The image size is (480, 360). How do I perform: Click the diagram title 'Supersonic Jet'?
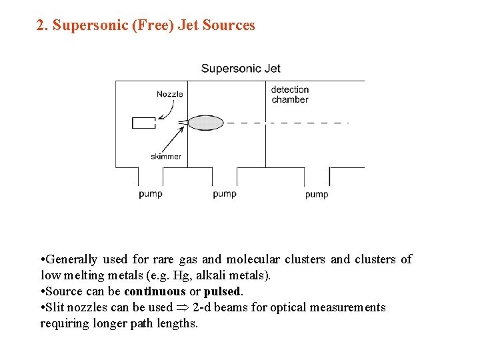(x=241, y=68)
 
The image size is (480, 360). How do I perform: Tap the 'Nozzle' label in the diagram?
(x=169, y=94)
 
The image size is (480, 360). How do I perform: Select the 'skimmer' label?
(x=166, y=157)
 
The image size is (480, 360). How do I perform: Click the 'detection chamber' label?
(x=290, y=95)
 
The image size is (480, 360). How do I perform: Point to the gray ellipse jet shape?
(x=205, y=123)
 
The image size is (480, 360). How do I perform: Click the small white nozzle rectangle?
(x=144, y=123)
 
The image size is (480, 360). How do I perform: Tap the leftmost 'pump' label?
(x=151, y=194)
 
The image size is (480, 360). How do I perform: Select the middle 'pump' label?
(x=225, y=194)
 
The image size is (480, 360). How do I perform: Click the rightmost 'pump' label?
(x=317, y=195)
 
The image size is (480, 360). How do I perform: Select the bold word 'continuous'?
(x=155, y=291)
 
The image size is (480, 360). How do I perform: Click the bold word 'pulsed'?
(x=223, y=291)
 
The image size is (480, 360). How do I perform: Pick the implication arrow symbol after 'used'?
(x=183, y=307)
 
